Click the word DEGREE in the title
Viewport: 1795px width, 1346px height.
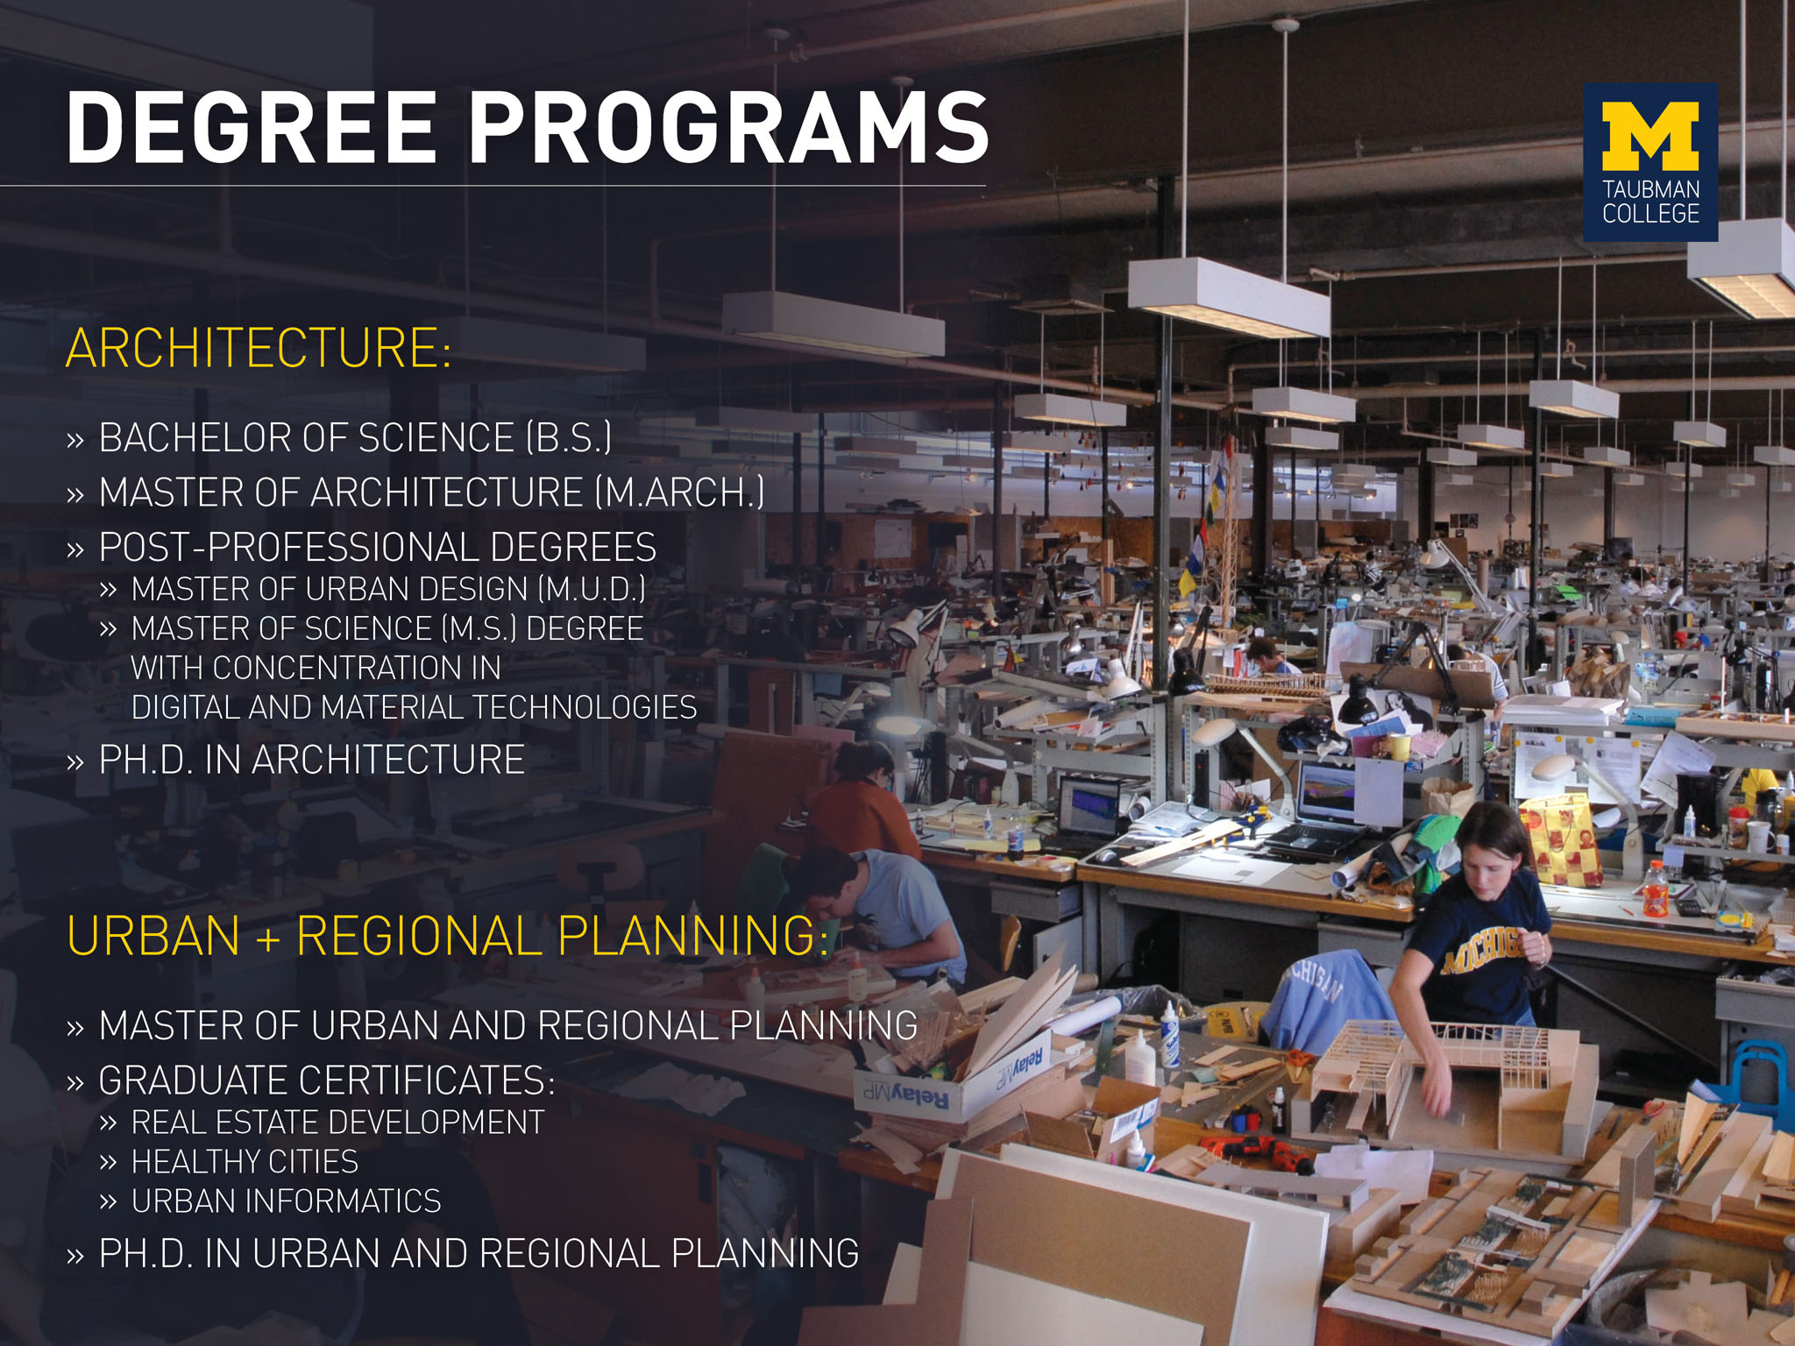251,128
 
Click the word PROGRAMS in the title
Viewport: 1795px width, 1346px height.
729,128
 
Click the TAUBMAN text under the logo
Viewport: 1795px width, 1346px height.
1650,189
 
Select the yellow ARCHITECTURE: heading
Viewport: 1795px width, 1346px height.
259,348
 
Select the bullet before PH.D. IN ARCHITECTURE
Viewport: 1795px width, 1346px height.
75,761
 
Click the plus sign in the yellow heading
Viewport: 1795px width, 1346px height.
268,939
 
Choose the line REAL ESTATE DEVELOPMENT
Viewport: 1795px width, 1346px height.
337,1123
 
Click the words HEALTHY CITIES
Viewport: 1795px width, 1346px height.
245,1162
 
